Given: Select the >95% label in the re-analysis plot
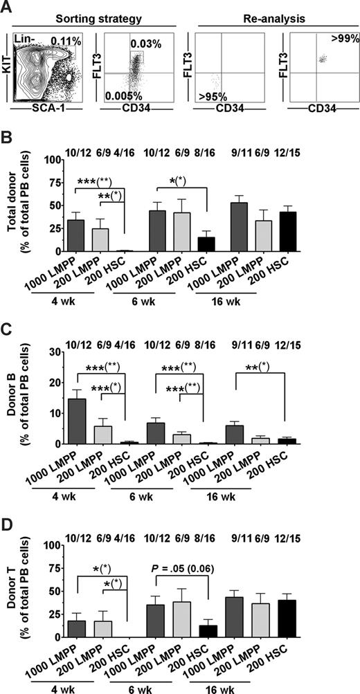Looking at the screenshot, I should [219, 93].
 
